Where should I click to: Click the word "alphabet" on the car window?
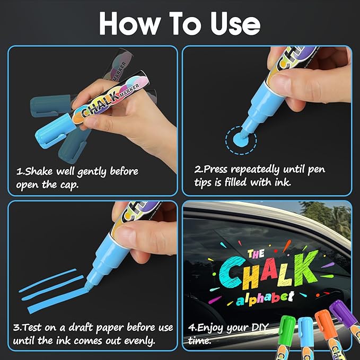264,298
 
